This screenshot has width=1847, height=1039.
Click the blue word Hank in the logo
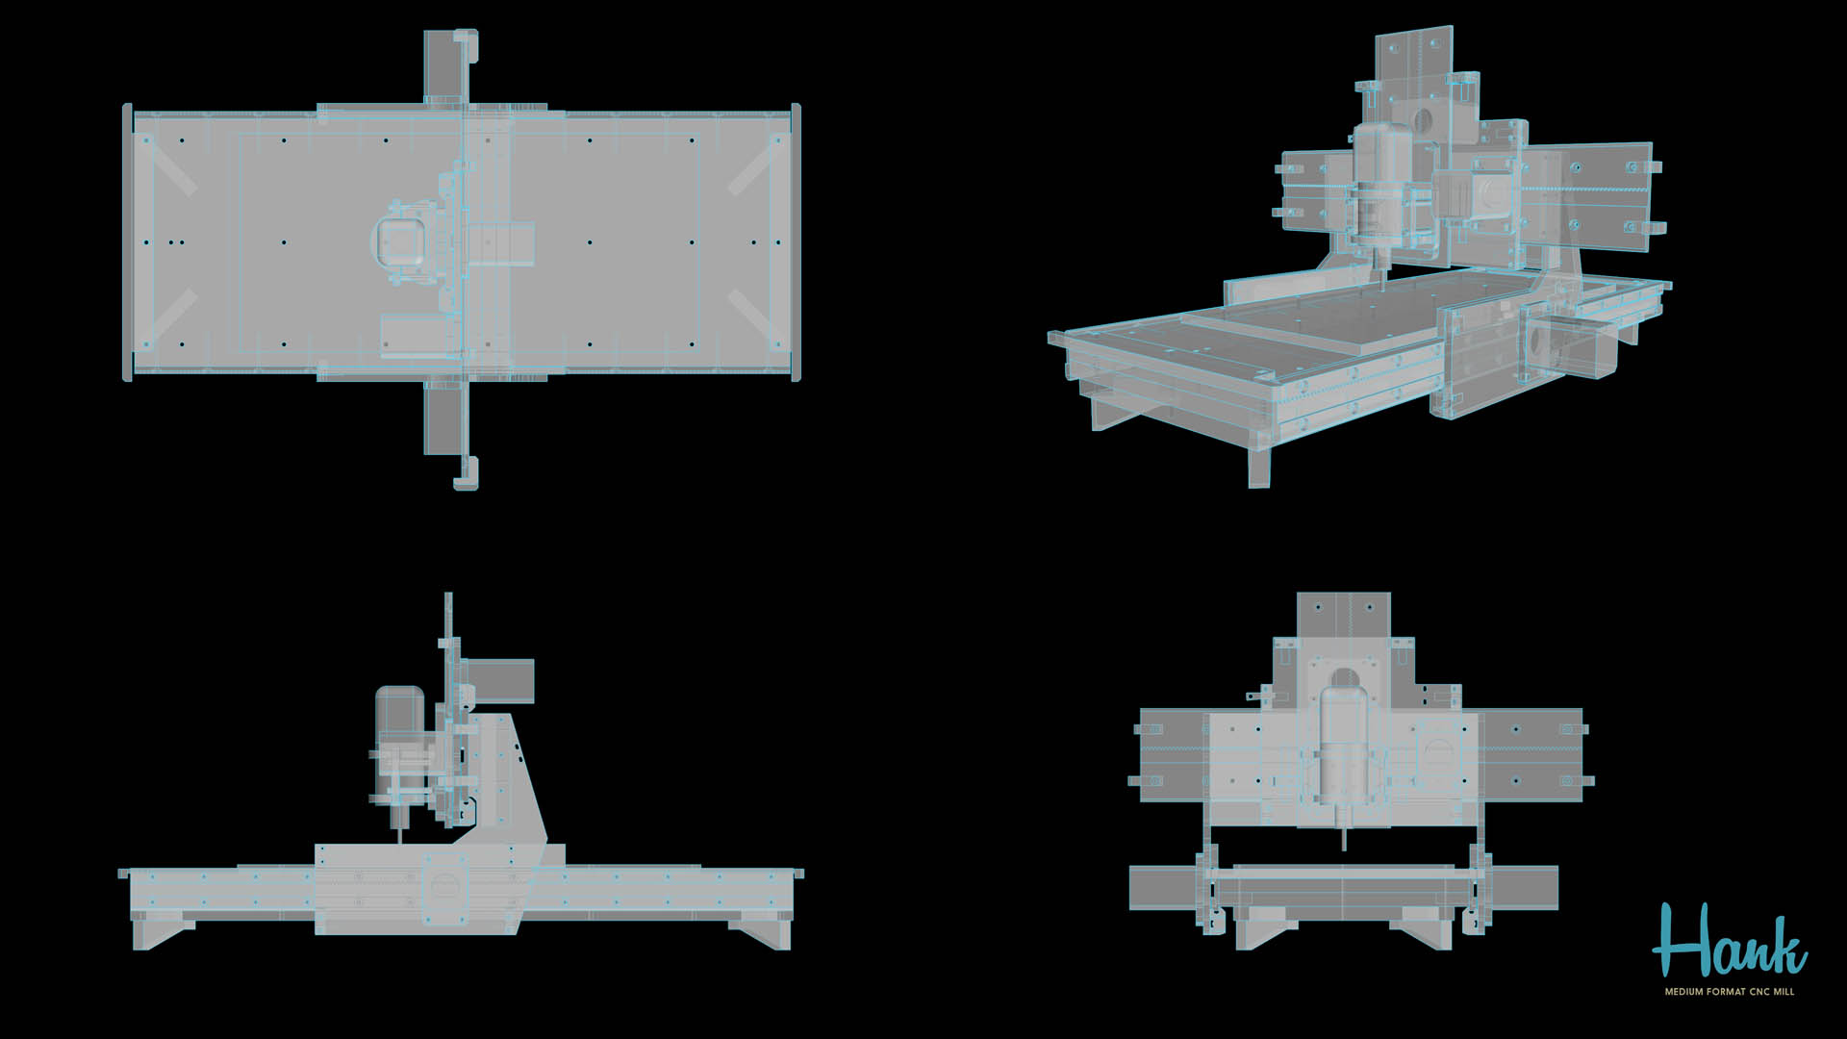pyautogui.click(x=1729, y=942)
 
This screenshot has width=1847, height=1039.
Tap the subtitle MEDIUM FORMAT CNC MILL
pyautogui.click(x=1729, y=992)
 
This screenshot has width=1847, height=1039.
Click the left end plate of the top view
pyautogui.click(x=127, y=241)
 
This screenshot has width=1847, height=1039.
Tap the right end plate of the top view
pyautogui.click(x=795, y=241)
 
